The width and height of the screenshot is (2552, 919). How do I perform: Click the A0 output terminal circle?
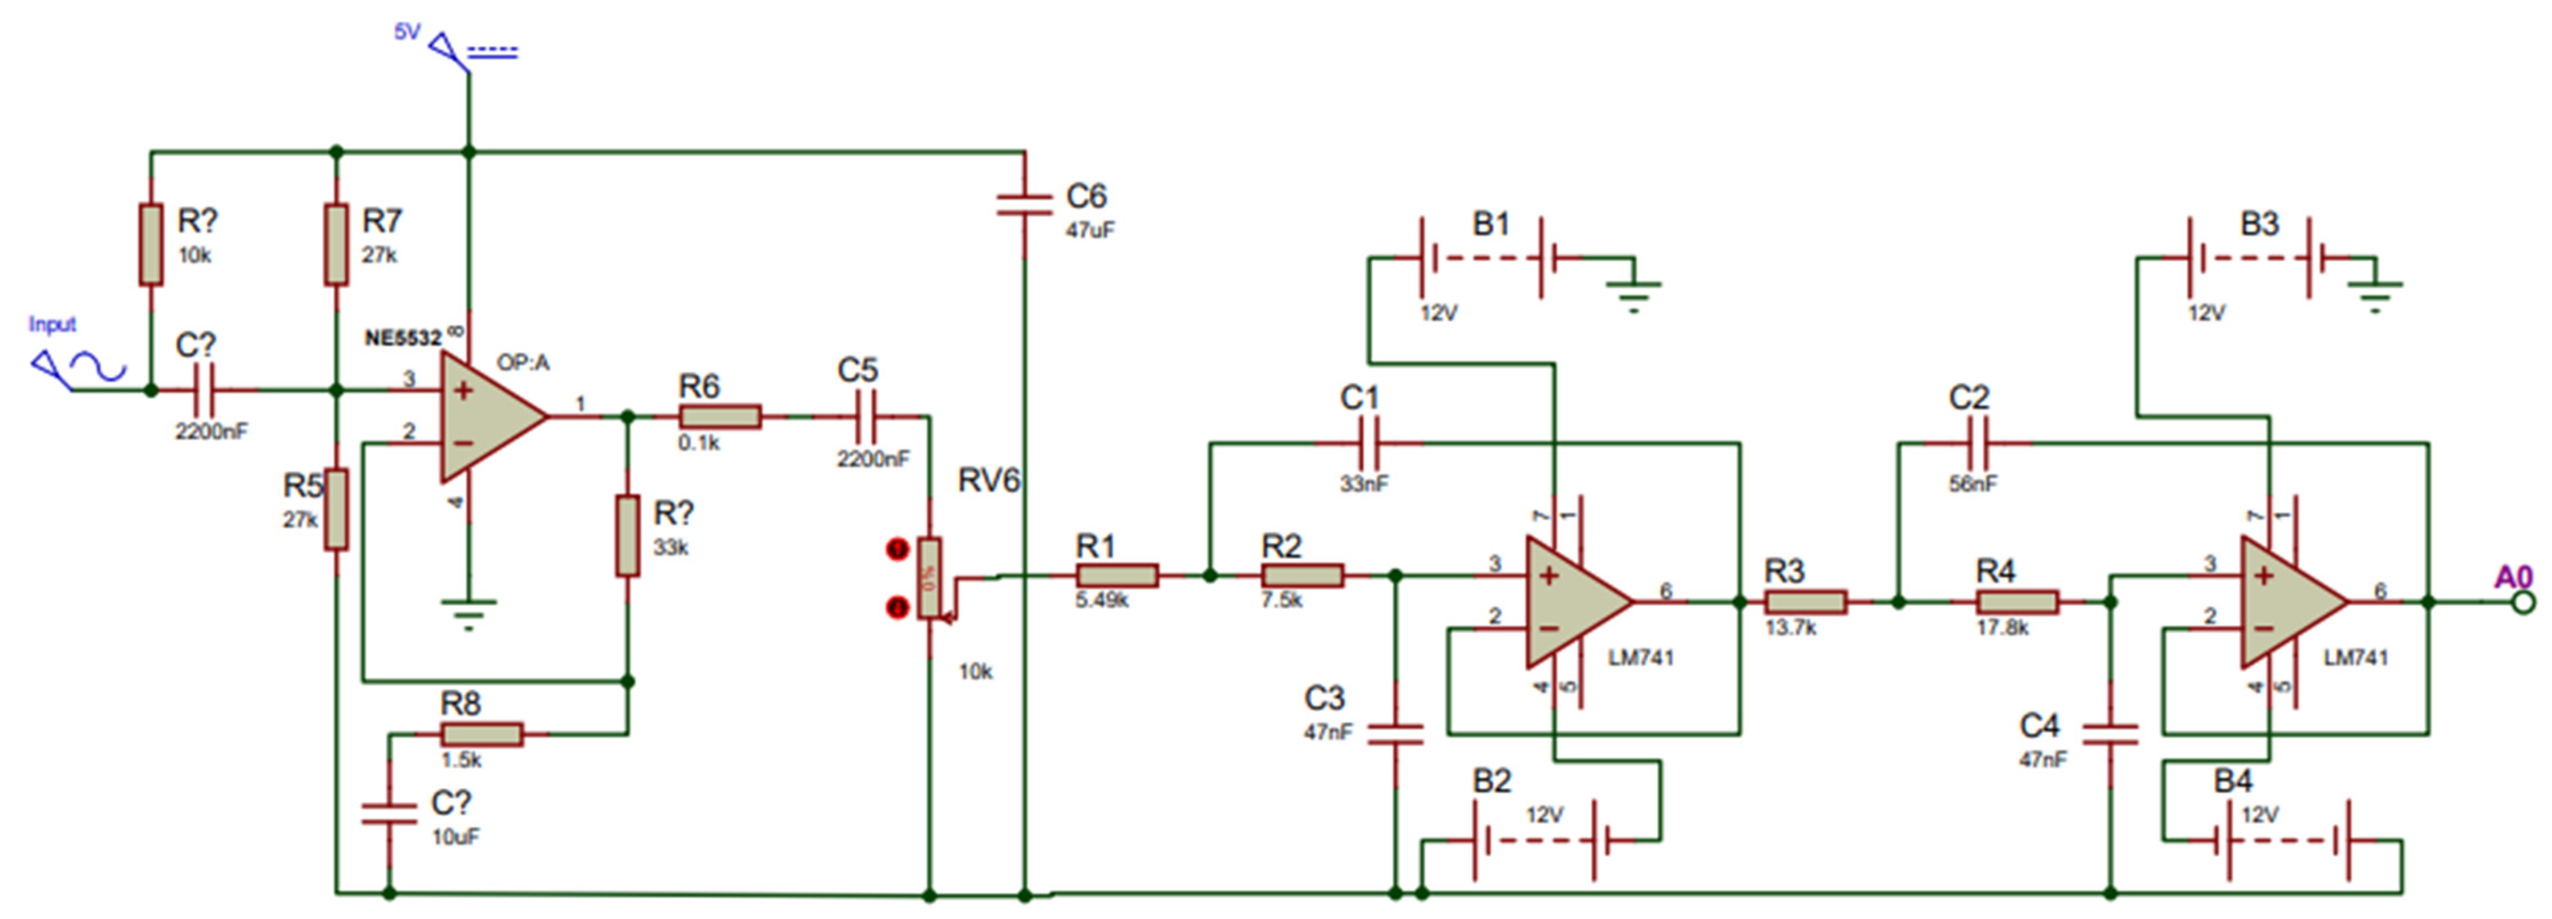[2523, 601]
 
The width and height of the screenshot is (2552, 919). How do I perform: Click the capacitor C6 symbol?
[1024, 205]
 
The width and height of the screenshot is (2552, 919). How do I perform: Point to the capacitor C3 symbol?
[1395, 734]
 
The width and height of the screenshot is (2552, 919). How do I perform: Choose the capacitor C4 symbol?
[2110, 734]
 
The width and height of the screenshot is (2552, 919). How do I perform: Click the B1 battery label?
[1491, 224]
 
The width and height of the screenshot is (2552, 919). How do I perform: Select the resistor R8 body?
[482, 734]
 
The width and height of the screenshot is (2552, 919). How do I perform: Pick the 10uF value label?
[455, 837]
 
